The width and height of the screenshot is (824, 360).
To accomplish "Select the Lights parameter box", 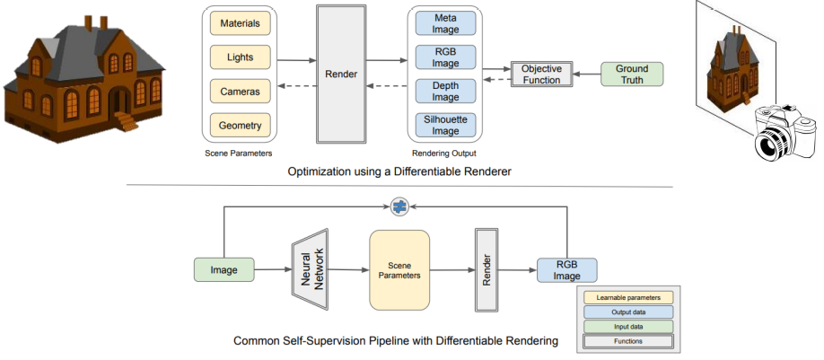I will [x=239, y=57].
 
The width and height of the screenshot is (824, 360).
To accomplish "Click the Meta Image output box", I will [x=445, y=23].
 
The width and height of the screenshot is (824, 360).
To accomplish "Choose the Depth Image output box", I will [x=445, y=90].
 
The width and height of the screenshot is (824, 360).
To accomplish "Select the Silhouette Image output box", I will [x=445, y=124].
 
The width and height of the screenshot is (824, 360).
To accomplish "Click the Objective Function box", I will [x=541, y=74].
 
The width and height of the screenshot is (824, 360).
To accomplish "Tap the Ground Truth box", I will [x=632, y=74].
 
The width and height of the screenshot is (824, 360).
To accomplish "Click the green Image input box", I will [x=224, y=268].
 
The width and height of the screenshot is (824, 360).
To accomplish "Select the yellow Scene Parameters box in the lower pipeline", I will [x=399, y=268].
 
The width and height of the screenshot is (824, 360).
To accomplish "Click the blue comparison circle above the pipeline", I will [x=399, y=207].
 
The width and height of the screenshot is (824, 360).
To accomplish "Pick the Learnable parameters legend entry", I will [x=627, y=297].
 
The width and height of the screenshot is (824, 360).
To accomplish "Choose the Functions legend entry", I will [x=627, y=341].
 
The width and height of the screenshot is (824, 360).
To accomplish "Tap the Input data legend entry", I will [x=627, y=327].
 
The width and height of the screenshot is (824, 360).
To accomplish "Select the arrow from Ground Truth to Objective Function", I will [x=587, y=74].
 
